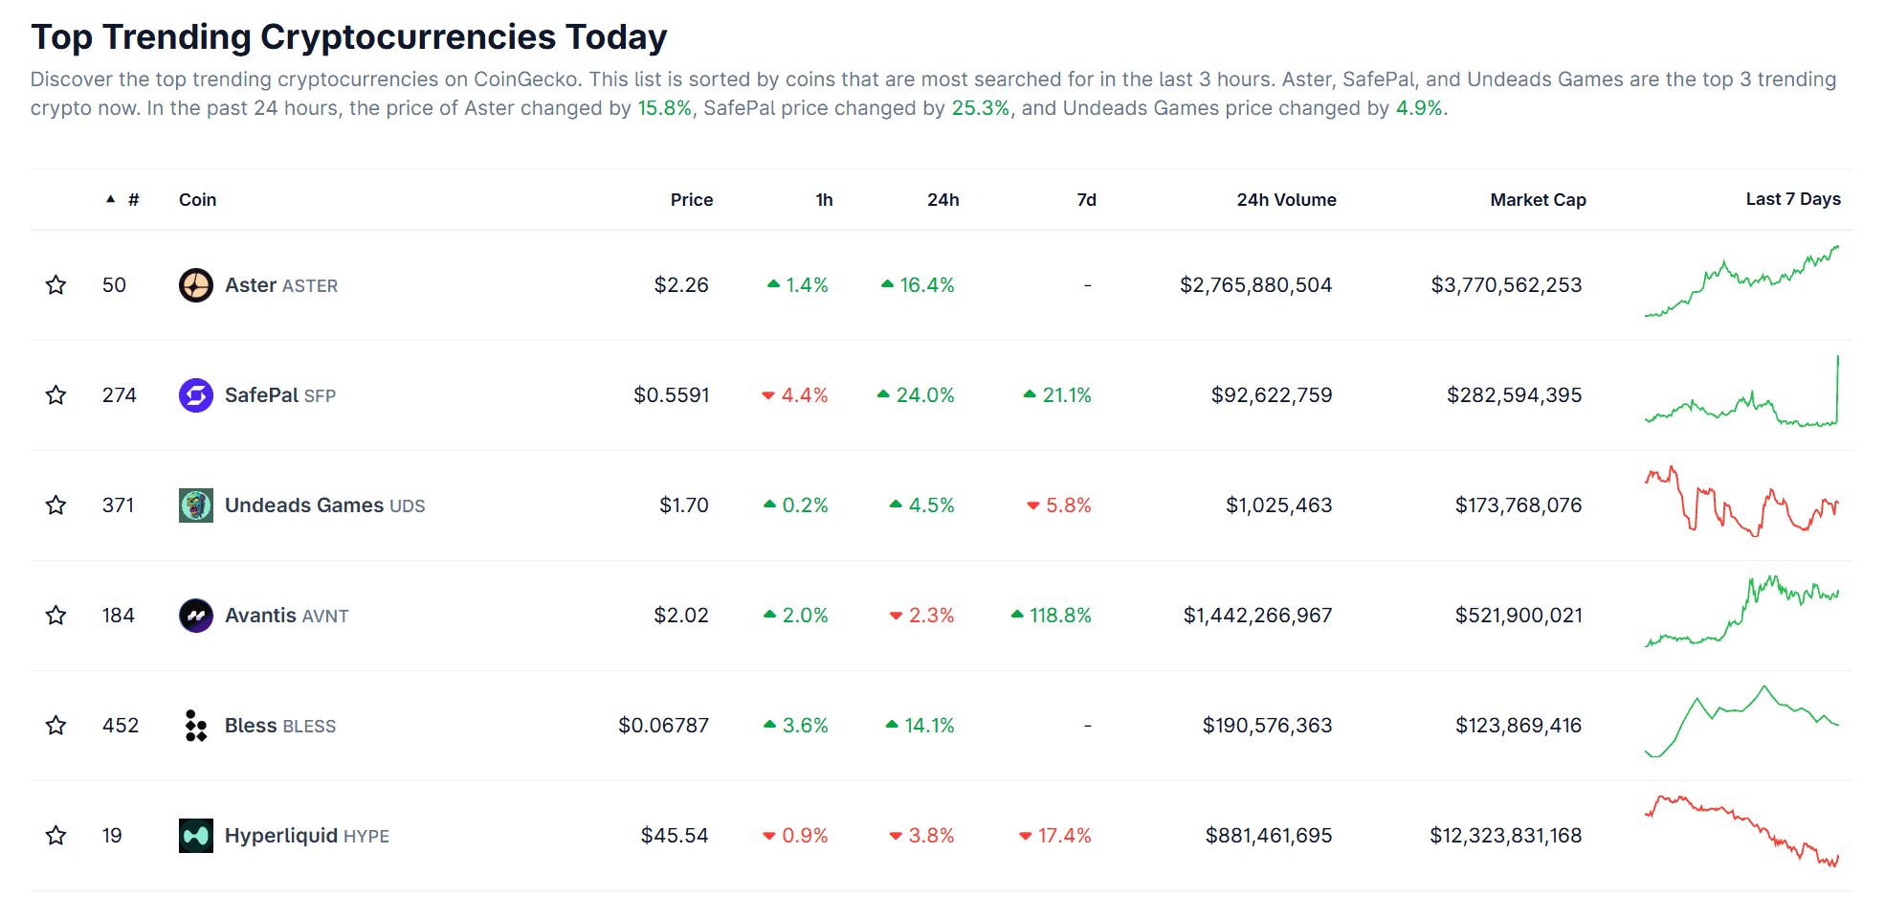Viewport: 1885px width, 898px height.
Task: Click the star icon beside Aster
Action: tap(56, 285)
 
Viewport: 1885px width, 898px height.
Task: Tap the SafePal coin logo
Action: tap(196, 395)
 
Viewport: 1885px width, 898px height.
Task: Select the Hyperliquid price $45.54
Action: tap(675, 836)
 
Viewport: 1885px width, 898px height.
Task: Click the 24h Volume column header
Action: tap(1286, 200)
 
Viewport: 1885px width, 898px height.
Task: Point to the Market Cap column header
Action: tap(1538, 200)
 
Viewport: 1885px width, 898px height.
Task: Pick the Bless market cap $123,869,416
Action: tap(1519, 726)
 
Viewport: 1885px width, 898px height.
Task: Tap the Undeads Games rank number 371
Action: tap(119, 505)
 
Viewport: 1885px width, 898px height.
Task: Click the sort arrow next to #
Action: tap(111, 199)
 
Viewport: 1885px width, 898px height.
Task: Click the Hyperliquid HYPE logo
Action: tap(196, 836)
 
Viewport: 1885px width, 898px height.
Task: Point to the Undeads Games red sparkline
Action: tap(1741, 501)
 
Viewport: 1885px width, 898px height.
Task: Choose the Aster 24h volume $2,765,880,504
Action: tap(1255, 285)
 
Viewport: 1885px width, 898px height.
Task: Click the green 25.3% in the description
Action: tap(980, 108)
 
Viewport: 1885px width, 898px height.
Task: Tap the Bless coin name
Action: tap(251, 726)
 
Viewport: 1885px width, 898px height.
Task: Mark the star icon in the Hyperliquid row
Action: tap(56, 836)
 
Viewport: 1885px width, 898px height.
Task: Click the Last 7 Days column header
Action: tap(1792, 199)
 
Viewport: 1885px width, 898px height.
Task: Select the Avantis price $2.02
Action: tap(681, 616)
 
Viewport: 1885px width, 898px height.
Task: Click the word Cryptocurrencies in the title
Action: tap(408, 37)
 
